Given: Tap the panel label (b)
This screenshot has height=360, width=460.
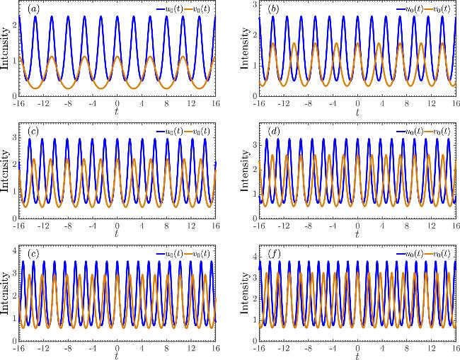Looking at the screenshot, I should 273,9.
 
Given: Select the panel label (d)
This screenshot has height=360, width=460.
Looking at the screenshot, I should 273,132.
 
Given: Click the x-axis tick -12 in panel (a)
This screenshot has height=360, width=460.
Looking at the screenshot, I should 45,103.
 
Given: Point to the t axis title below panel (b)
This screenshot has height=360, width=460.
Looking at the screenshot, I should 358,112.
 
